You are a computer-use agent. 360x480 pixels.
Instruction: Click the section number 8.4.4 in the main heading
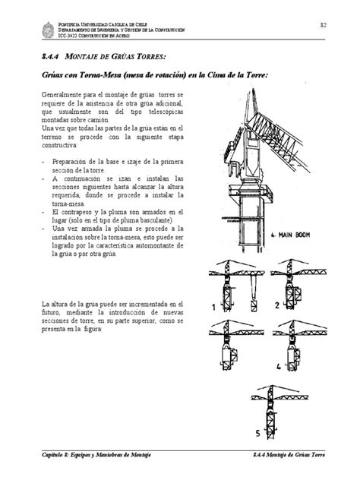click(54, 57)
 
